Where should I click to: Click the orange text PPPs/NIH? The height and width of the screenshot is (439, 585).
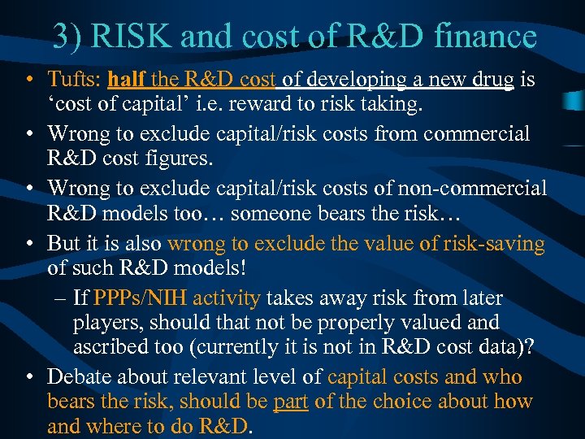point(130,298)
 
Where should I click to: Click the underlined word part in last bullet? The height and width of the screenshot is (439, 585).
point(290,401)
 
